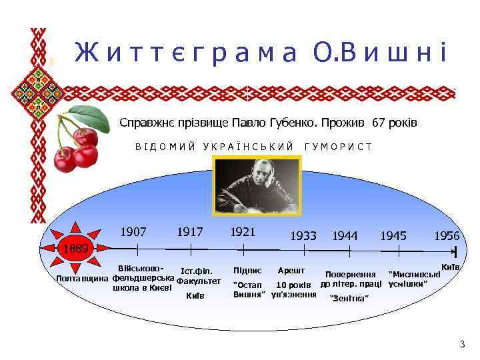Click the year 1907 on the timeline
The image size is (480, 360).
pos(133,232)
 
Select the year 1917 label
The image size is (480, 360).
pos(190,232)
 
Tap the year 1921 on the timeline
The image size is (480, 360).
pos(243,232)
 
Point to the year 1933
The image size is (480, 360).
pos(303,235)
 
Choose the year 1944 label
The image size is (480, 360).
pos(345,235)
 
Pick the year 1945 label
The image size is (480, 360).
pos(393,235)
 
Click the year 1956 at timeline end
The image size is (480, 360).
pos(447,235)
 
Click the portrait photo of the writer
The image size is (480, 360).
pos(257,185)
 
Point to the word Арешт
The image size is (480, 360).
pos(291,271)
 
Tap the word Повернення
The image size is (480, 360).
pos(350,274)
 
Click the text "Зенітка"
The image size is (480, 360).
pos(349,298)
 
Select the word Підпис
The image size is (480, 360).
pos(247,271)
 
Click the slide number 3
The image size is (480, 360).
pos(462,344)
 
